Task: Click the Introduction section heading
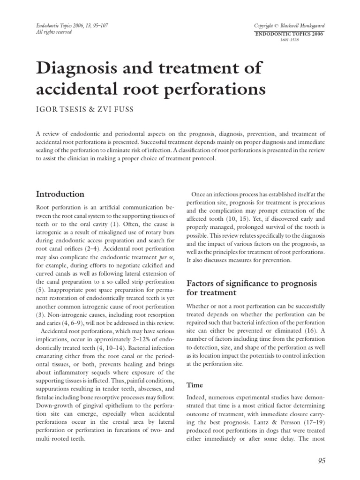[60, 194]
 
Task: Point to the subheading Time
[195, 385]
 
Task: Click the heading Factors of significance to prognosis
[252, 284]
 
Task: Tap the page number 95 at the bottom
[321, 461]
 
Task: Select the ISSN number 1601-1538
[289, 40]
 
